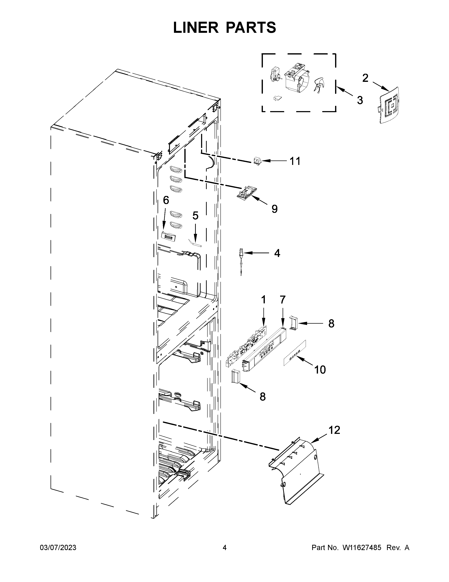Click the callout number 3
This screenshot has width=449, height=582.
pos(360,101)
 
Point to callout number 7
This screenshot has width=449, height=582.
pos(282,300)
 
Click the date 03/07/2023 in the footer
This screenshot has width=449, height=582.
pos(58,548)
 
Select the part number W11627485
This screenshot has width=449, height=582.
pos(362,548)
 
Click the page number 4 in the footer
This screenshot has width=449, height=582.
pos(224,548)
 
